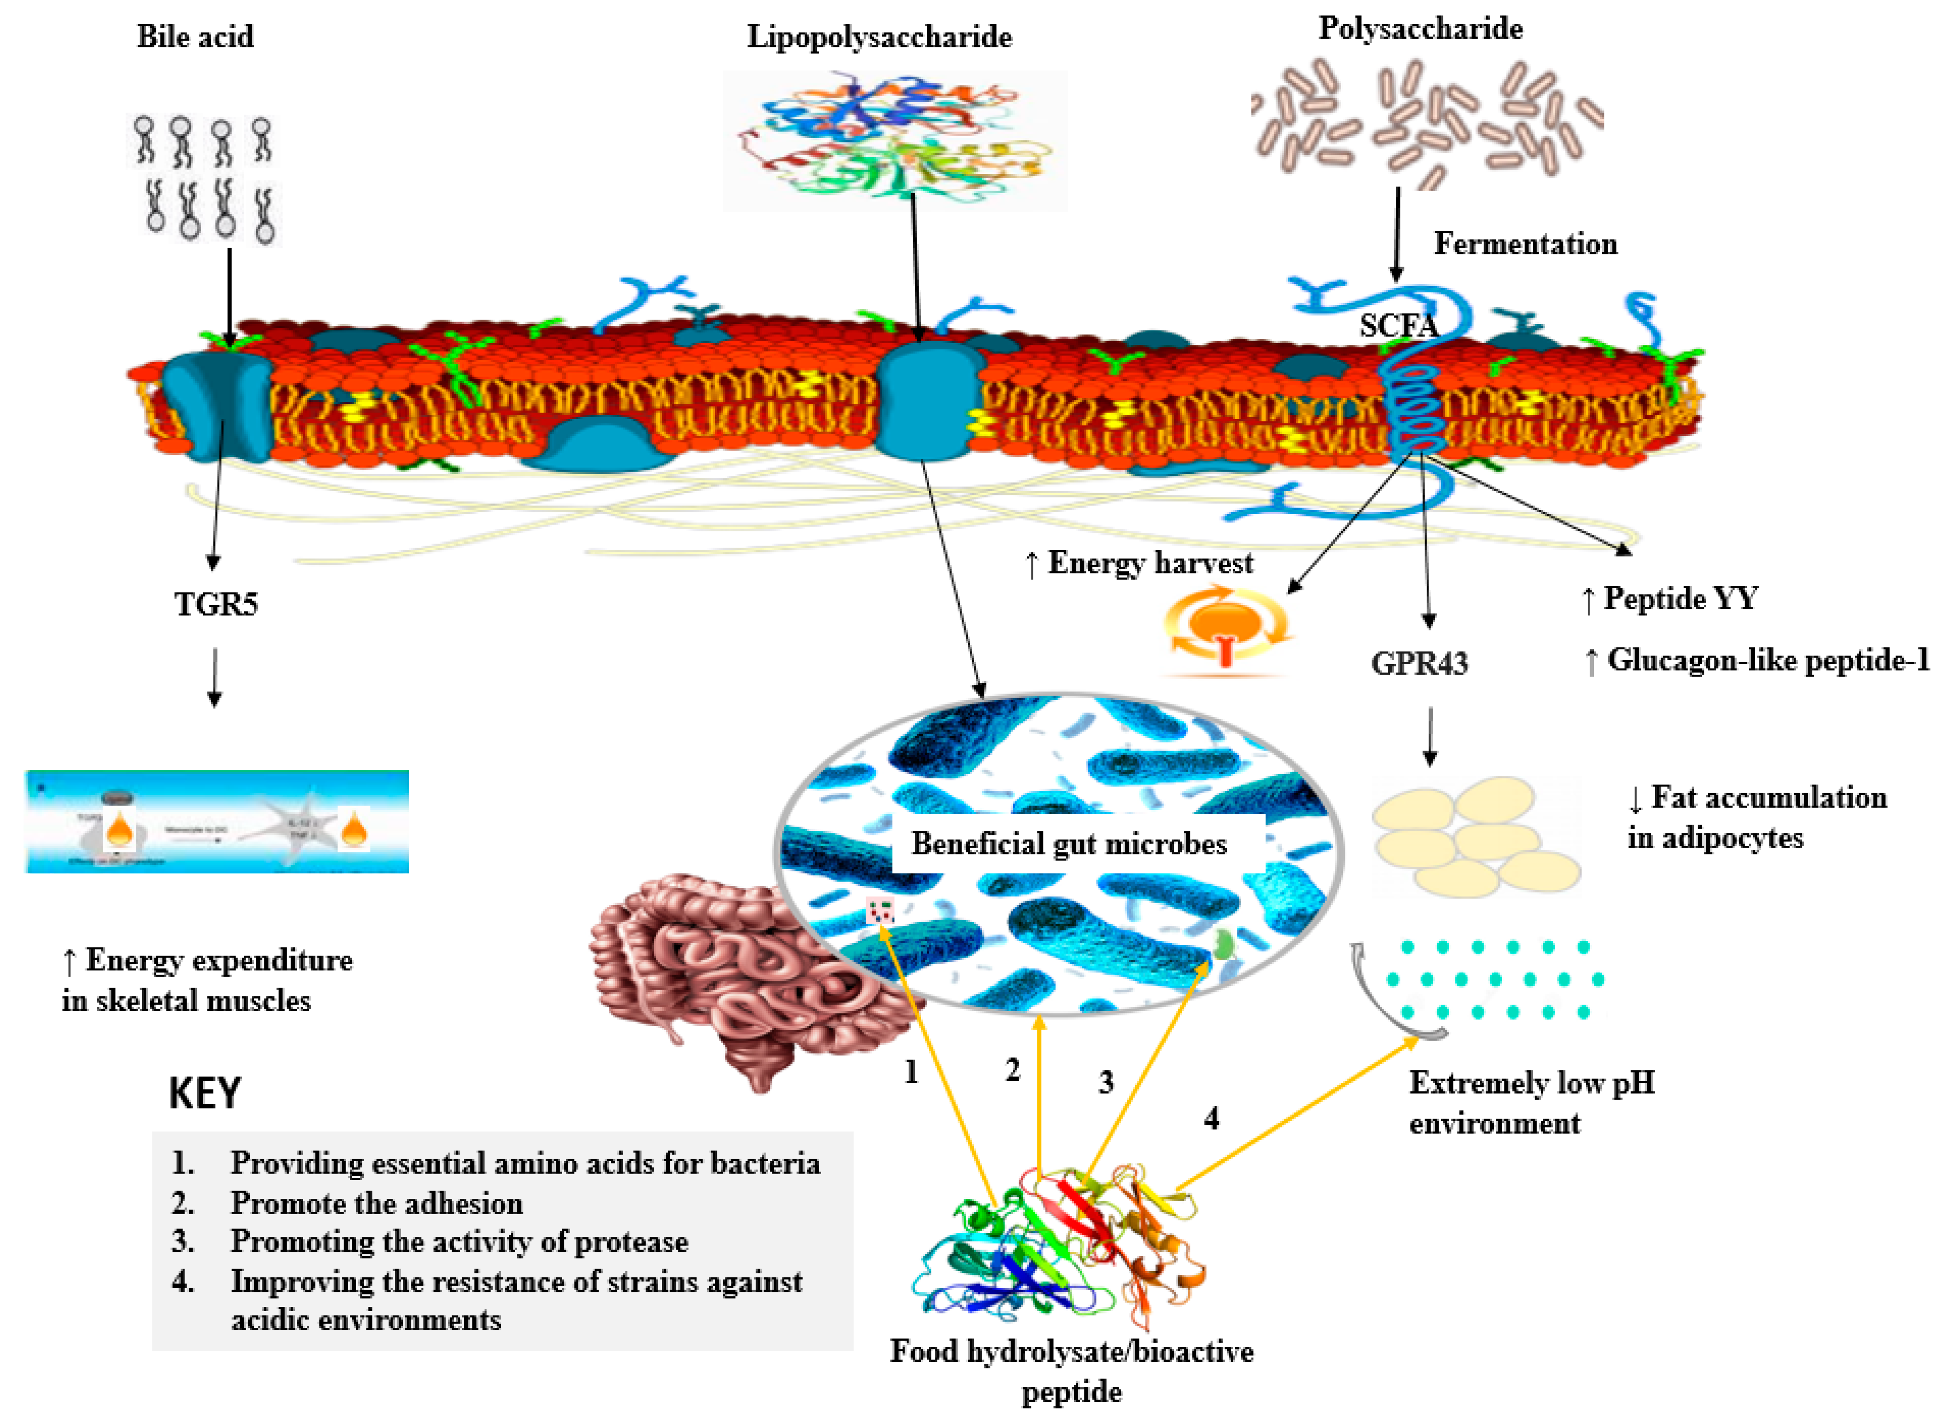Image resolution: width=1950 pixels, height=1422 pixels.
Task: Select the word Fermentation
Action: [x=1525, y=245]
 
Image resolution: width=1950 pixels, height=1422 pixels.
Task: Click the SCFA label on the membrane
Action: [x=1397, y=325]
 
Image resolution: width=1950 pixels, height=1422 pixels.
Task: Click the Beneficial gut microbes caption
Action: [x=1068, y=843]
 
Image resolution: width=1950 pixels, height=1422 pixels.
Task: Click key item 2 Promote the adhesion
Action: [x=376, y=1203]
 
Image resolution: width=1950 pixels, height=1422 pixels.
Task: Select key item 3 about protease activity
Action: [x=459, y=1242]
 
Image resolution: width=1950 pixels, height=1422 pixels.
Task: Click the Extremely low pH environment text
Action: [x=1531, y=1103]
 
